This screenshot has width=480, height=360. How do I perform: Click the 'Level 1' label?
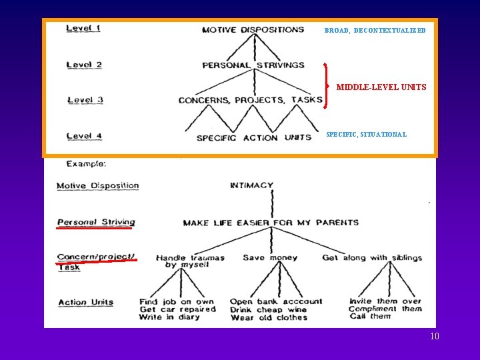coord(83,28)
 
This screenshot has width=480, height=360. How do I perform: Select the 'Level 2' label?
coord(84,65)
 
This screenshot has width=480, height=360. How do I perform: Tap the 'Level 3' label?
coord(85,100)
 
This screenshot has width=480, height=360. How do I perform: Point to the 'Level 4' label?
coord(84,136)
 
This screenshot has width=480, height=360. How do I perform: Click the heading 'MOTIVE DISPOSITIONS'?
coord(253,30)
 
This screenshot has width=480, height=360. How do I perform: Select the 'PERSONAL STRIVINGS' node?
coord(253,65)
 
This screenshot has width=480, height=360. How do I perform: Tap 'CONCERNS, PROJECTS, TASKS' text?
coord(250,100)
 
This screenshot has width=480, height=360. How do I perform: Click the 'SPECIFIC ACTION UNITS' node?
coord(253,138)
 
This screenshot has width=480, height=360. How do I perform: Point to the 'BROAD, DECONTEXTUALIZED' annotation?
coord(375,31)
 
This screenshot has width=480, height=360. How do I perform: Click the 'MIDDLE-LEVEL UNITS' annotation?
coord(381,87)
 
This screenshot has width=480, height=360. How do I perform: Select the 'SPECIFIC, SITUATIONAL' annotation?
coord(366,135)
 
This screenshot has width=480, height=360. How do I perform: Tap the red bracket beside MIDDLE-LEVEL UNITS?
coord(325,85)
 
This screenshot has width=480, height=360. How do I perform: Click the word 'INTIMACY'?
coord(251,186)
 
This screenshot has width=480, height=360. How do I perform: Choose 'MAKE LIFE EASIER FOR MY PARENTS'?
coord(271,223)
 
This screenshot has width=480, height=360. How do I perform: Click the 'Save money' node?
coord(263,258)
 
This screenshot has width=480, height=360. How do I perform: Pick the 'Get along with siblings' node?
coord(371,258)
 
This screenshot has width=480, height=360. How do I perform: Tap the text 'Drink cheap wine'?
coord(269,309)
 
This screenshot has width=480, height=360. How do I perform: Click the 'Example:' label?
coord(86,163)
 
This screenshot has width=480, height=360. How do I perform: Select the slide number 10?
coord(435,337)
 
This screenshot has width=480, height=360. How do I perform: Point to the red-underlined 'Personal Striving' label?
coord(96,222)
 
